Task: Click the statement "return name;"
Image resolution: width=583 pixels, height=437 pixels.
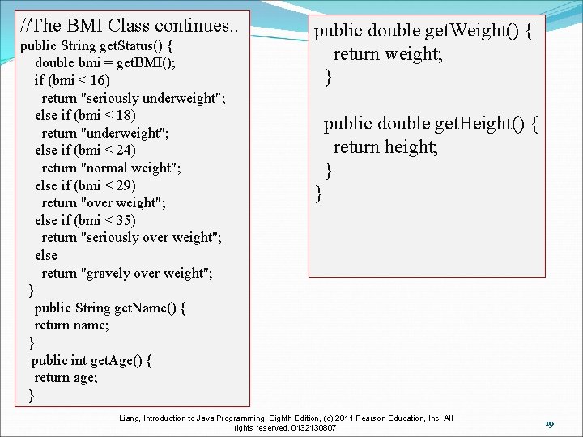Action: (x=71, y=325)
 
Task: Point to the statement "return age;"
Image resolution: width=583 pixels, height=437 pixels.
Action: (x=66, y=377)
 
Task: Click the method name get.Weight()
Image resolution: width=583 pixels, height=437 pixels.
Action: (x=477, y=32)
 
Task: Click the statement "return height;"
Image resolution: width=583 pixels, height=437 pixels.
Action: (x=385, y=146)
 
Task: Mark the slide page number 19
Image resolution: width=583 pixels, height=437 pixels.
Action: (x=548, y=424)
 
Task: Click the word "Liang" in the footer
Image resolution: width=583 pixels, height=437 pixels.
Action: (x=129, y=418)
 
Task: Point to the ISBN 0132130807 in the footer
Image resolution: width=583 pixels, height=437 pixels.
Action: (x=312, y=427)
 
